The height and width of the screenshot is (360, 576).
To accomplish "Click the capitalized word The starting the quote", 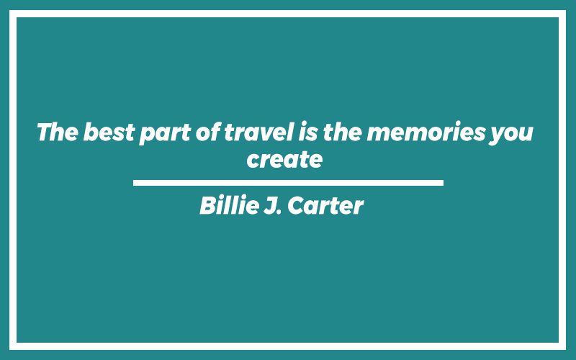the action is (58, 132).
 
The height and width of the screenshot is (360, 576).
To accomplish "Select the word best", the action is (109, 132).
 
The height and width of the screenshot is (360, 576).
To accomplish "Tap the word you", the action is (511, 135).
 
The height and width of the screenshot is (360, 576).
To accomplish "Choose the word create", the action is (284, 160).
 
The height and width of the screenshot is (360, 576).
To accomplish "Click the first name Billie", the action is (230, 205).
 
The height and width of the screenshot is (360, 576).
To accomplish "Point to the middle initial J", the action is (271, 205).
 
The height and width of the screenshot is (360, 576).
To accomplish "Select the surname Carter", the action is (325, 205).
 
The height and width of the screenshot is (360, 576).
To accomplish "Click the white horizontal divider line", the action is (289, 183).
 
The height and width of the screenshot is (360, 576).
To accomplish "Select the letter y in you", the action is (497, 136).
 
